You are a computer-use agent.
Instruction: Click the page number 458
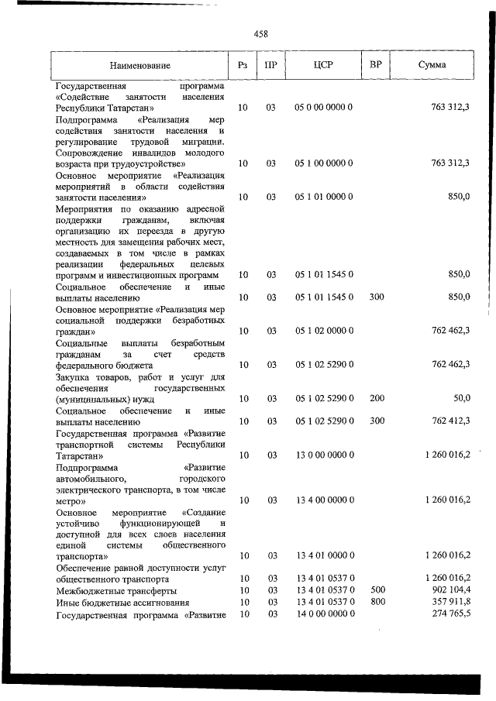click(260, 33)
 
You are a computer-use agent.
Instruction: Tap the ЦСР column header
click(324, 66)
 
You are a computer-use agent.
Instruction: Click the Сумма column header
click(432, 66)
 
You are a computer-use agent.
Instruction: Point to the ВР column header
click(375, 66)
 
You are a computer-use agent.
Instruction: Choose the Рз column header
click(243, 66)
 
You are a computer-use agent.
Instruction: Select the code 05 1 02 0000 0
click(324, 331)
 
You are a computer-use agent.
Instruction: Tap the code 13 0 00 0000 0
click(324, 455)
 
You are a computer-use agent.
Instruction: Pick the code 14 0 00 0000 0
click(324, 613)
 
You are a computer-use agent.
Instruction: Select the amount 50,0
click(461, 398)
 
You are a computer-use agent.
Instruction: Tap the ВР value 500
click(377, 591)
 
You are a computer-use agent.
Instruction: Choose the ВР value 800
click(377, 602)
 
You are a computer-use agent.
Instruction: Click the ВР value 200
click(377, 398)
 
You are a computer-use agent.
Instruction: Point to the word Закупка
click(76, 376)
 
